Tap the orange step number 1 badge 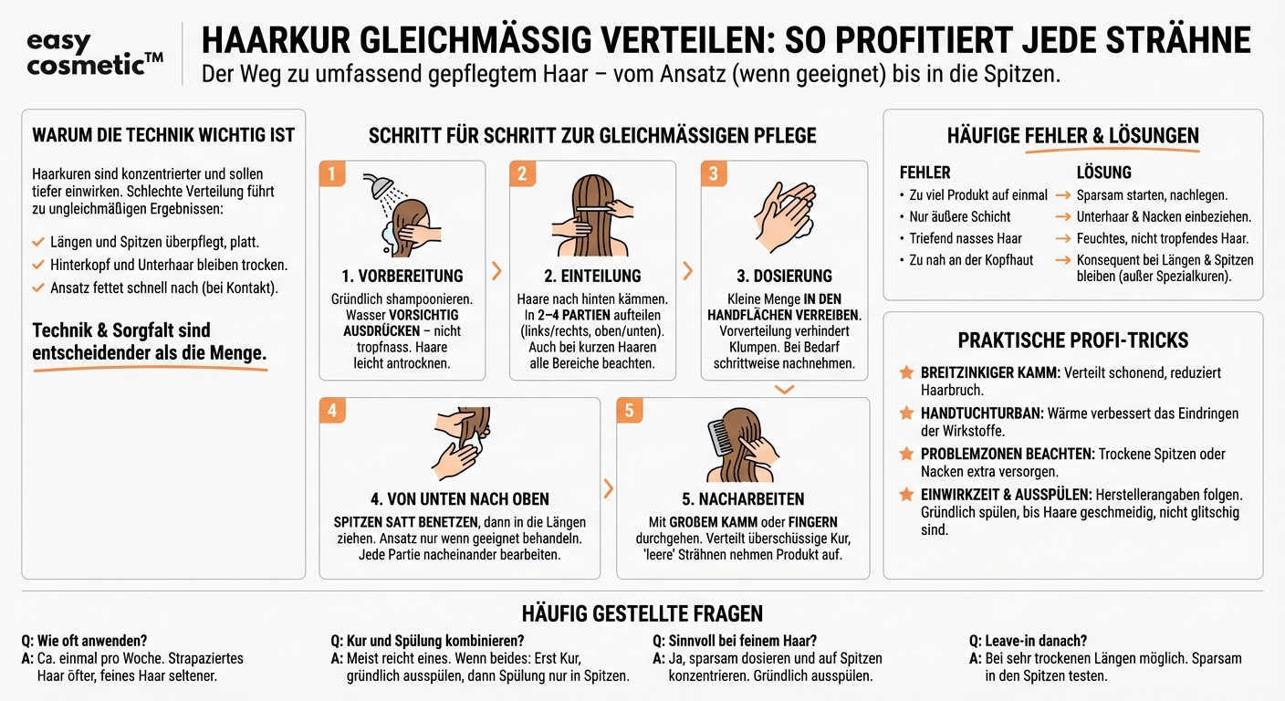(x=332, y=173)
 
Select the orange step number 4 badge (x=332, y=411)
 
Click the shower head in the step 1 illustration (x=381, y=185)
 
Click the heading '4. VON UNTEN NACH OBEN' (x=460, y=499)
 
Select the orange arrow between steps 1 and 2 (x=496, y=270)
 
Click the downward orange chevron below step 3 (x=784, y=390)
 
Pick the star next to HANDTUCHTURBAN (x=906, y=413)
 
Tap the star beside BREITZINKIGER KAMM (x=906, y=373)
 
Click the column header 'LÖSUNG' (x=1103, y=173)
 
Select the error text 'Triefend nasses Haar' (x=965, y=238)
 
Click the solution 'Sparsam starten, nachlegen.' (x=1152, y=195)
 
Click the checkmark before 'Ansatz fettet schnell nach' (x=37, y=288)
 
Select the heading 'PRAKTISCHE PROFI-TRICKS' (x=1072, y=340)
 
